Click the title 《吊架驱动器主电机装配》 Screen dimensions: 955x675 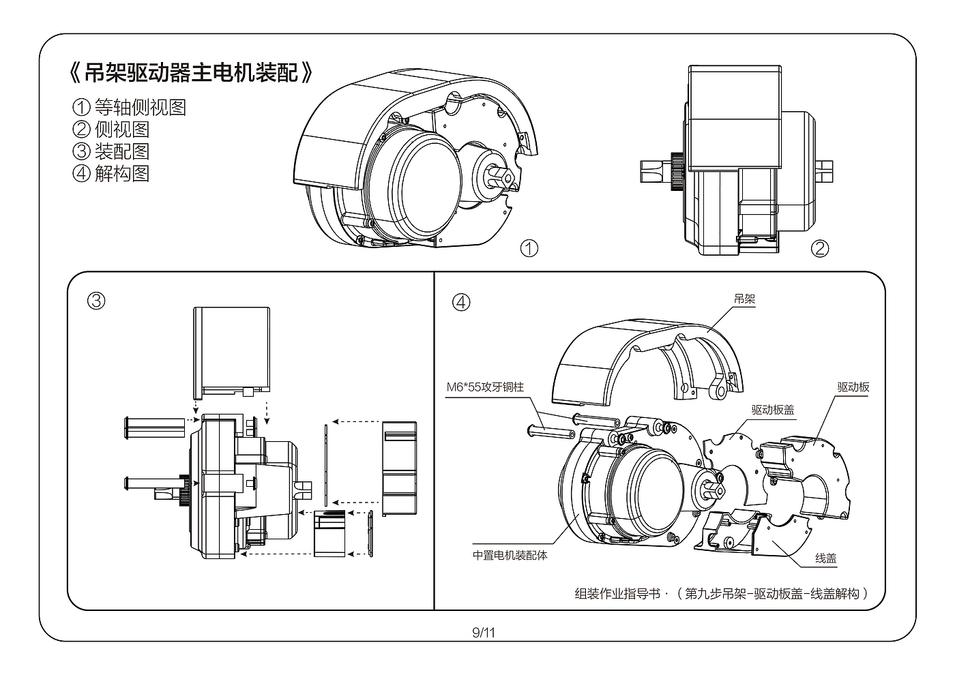[190, 72]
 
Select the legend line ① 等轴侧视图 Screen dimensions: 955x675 [129, 107]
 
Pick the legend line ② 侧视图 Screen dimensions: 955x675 [111, 129]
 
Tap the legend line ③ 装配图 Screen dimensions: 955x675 [111, 151]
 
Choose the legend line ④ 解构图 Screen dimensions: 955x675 [111, 173]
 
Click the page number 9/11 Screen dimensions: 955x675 [484, 633]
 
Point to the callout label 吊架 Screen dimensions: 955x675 [744, 299]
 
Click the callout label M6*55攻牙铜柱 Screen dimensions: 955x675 [485, 387]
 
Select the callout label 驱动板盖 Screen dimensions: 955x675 [772, 410]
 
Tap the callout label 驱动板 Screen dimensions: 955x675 [853, 387]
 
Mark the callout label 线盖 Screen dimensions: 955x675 [826, 558]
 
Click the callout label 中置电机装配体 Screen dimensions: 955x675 [510, 556]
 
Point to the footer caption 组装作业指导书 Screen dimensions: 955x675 [617, 594]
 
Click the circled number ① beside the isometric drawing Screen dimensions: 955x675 [529, 248]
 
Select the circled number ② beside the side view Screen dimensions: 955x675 [819, 248]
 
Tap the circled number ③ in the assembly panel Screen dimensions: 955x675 [96, 301]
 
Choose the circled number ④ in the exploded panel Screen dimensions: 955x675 [461, 302]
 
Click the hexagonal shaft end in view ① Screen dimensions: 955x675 [500, 176]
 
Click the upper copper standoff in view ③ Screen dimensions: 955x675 [154, 427]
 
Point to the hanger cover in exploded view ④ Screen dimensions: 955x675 [647, 362]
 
